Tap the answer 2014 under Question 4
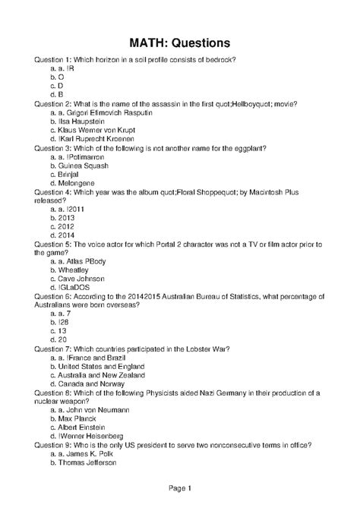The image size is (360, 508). pyautogui.click(x=67, y=226)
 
